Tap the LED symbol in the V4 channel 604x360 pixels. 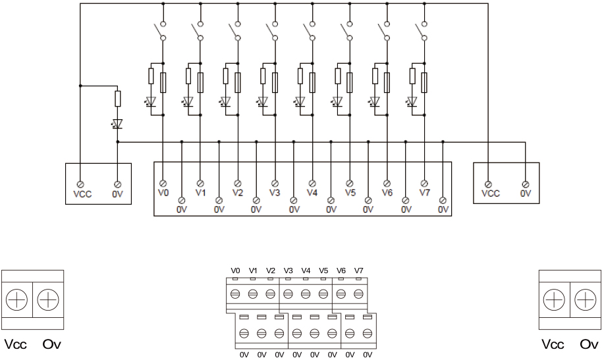(x=300, y=102)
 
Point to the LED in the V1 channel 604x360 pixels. (x=187, y=102)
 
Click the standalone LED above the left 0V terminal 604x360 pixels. (x=117, y=123)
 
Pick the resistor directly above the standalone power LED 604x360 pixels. (x=117, y=99)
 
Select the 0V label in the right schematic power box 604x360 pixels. (x=526, y=195)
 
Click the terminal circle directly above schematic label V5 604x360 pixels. (x=350, y=182)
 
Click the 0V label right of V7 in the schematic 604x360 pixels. (x=443, y=210)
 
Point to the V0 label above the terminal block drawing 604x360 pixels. (x=236, y=270)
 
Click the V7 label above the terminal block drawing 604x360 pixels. (x=358, y=270)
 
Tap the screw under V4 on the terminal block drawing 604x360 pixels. (x=306, y=294)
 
